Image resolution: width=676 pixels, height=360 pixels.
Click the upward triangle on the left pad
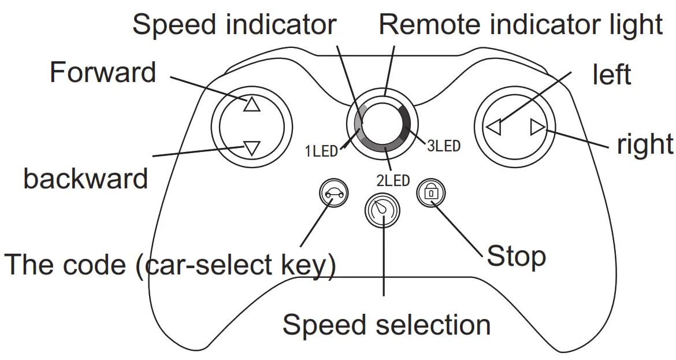point(252,105)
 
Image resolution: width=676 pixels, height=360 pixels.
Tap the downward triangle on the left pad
point(252,148)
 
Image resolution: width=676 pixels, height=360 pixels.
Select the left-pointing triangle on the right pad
point(494,128)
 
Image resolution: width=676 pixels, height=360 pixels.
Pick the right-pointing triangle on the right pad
point(538,128)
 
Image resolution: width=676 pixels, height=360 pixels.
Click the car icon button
point(334,193)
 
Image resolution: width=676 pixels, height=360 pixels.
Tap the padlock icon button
point(430,192)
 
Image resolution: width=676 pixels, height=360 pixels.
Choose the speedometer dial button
point(382,210)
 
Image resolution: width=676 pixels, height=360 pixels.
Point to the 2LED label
point(393,181)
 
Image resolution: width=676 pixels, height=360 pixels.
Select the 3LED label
point(444,146)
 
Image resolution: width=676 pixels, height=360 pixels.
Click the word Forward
point(103,72)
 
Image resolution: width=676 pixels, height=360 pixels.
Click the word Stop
point(516,257)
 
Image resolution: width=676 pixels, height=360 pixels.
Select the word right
point(645,144)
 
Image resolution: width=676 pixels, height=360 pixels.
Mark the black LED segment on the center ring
point(405,121)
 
